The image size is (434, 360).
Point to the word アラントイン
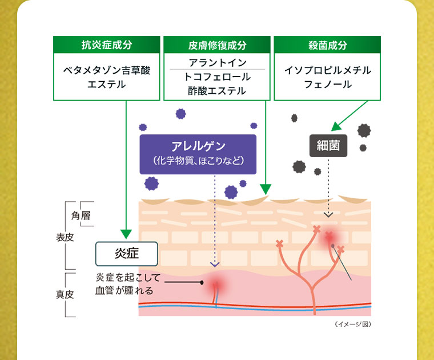[217, 62]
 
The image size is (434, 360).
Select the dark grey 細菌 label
[328, 146]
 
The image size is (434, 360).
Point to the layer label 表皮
[65, 237]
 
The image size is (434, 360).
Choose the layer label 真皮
[65, 295]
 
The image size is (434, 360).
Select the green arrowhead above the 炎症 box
[126, 234]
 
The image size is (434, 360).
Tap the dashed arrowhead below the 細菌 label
[328, 215]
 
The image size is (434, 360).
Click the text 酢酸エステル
[217, 91]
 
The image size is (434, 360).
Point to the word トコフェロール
[217, 77]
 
